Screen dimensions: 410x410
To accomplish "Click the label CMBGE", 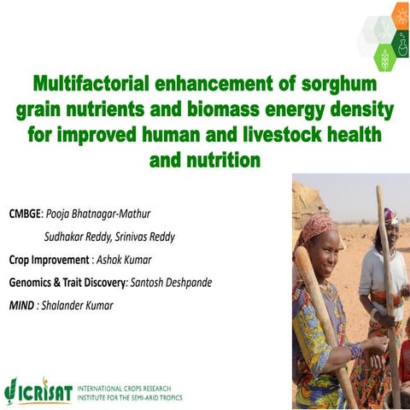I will click(28, 209).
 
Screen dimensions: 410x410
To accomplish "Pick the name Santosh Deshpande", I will click(181, 281).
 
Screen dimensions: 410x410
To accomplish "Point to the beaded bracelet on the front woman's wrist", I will click(355, 350).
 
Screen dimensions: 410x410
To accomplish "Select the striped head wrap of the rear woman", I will click(390, 214).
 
